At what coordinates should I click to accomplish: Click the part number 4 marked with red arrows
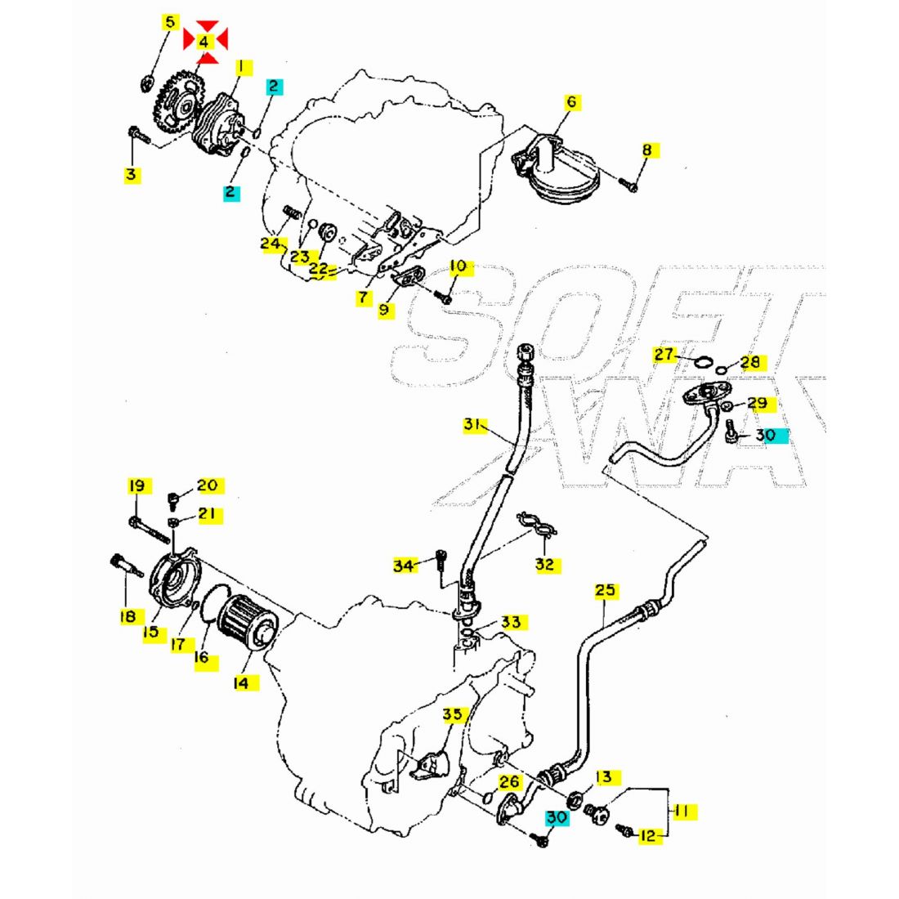(x=204, y=41)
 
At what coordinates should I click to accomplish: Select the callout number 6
(x=571, y=102)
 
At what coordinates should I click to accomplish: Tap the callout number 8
(x=647, y=150)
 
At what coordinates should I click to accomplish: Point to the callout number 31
(x=472, y=425)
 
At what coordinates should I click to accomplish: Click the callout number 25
(x=606, y=590)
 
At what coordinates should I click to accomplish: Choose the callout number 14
(x=241, y=682)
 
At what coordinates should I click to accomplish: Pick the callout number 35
(x=453, y=714)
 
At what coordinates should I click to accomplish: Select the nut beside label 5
(x=148, y=82)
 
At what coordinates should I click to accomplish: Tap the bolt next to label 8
(x=628, y=185)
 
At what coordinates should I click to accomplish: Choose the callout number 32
(x=544, y=564)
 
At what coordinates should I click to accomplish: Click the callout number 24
(x=271, y=243)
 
